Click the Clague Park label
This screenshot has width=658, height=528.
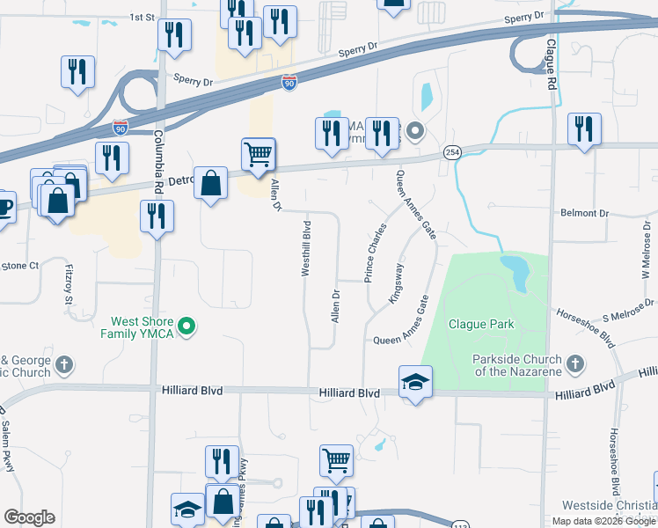click(x=481, y=324)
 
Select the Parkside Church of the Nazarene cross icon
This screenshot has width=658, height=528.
click(x=575, y=363)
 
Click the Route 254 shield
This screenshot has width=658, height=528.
click(x=452, y=152)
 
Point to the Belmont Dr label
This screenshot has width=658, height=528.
click(x=584, y=213)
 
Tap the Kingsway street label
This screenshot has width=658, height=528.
click(x=398, y=283)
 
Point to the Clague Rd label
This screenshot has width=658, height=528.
click(x=552, y=62)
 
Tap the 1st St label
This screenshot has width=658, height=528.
click(x=142, y=17)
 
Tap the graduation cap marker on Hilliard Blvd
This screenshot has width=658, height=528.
click(x=415, y=382)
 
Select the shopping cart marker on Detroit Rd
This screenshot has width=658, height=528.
click(x=259, y=154)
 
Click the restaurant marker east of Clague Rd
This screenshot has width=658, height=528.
click(x=584, y=130)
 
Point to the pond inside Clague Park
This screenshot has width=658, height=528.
click(x=516, y=272)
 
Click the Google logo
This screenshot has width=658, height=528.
click(x=29, y=517)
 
